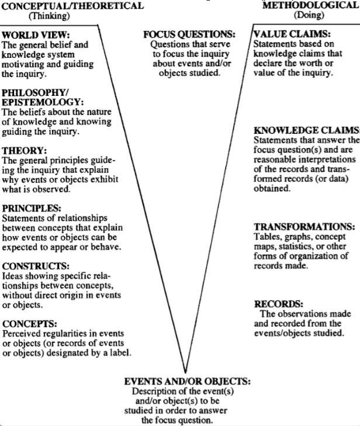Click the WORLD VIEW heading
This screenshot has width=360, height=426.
tap(36, 35)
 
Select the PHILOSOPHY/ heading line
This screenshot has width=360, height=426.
tap(35, 93)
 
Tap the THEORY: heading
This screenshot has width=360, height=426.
tap(25, 151)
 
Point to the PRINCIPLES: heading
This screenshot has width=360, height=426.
tap(32, 209)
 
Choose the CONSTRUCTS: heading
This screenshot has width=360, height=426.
tap(36, 266)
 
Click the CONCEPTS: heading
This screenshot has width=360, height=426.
tap(30, 324)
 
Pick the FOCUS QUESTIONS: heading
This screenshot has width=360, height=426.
tap(189, 34)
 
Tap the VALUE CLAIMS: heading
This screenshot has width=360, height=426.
tap(292, 34)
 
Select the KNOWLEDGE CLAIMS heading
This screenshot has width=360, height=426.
tap(306, 130)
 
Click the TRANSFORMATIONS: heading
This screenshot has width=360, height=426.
tap(304, 227)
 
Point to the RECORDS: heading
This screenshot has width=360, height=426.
tap(279, 304)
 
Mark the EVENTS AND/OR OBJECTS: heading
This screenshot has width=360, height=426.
tap(187, 382)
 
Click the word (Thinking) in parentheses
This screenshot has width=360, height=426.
tap(50, 16)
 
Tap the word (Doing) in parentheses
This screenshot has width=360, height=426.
tap(309, 15)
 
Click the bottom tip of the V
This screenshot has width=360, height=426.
tap(185, 373)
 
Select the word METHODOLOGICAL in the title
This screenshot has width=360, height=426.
tap(310, 5)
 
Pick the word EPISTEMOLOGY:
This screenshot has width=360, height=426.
tap(43, 102)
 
